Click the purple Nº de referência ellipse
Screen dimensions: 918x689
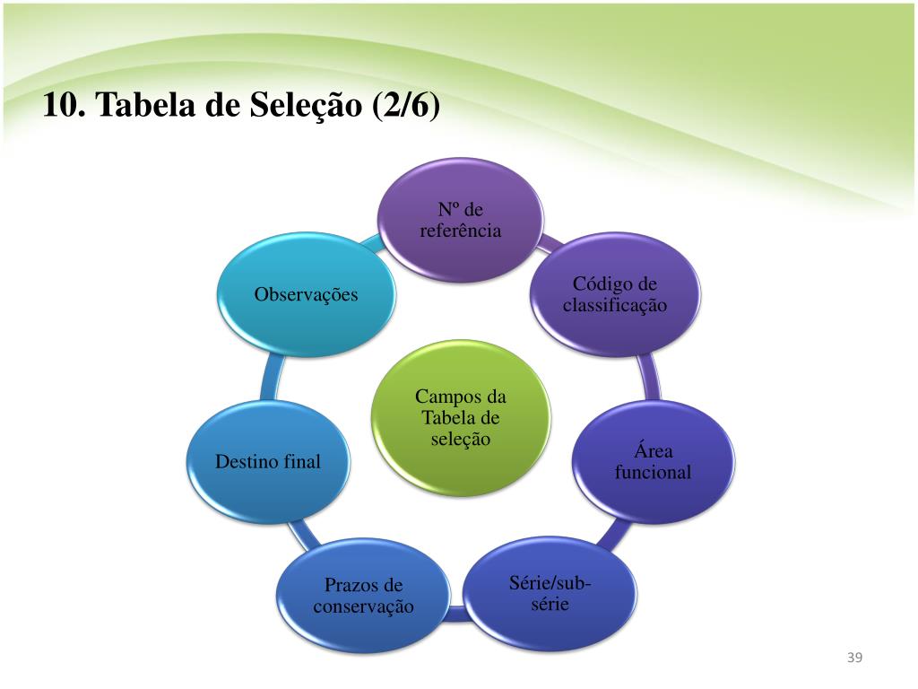click(460, 220)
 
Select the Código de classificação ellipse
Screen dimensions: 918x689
click(615, 294)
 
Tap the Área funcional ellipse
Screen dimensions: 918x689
click(653, 461)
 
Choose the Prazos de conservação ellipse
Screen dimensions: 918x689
click(363, 596)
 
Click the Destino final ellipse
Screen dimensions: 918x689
click(267, 462)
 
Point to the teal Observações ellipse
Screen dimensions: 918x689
click(306, 294)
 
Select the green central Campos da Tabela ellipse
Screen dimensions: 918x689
click(461, 418)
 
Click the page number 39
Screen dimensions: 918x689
click(853, 659)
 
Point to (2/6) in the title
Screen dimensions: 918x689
click(405, 106)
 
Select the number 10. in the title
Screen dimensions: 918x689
click(63, 106)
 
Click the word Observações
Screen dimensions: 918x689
click(306, 294)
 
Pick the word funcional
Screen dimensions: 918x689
click(653, 472)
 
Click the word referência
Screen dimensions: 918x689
click(460, 231)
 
